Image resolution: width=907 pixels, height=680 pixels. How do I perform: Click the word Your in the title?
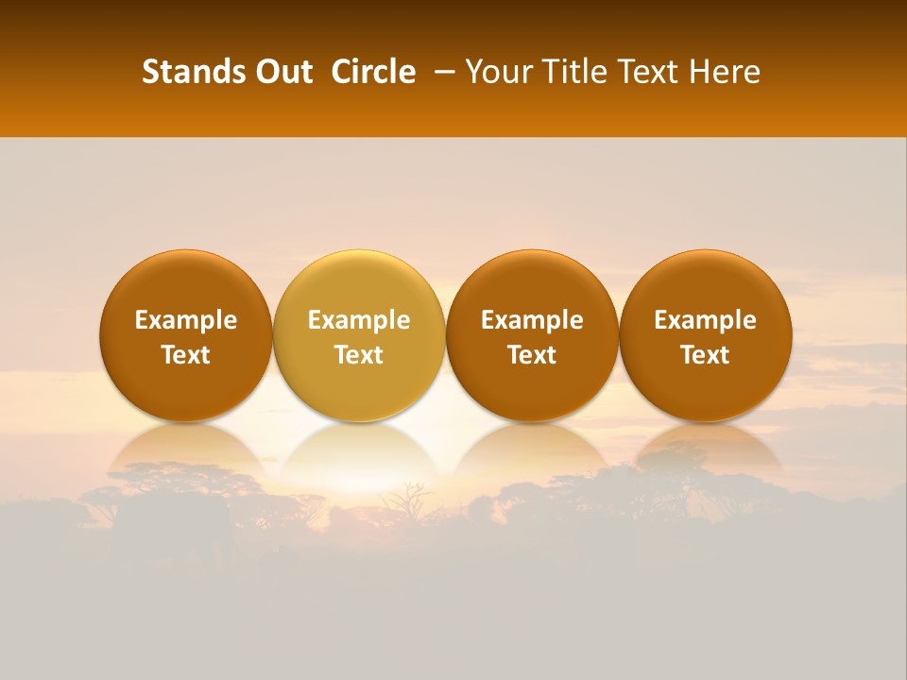[496, 72]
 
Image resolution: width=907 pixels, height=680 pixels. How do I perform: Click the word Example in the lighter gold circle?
[359, 320]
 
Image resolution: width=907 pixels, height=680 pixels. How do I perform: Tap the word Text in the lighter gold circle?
[359, 355]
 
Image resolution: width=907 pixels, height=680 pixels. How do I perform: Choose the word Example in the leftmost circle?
[186, 320]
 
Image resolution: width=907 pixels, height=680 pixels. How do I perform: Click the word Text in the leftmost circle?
[186, 355]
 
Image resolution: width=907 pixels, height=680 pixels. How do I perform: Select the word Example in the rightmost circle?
[705, 320]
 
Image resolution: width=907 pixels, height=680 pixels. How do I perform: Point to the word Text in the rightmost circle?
[705, 355]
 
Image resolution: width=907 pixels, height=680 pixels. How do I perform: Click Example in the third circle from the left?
[532, 320]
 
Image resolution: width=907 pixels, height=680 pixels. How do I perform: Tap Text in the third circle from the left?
[532, 355]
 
